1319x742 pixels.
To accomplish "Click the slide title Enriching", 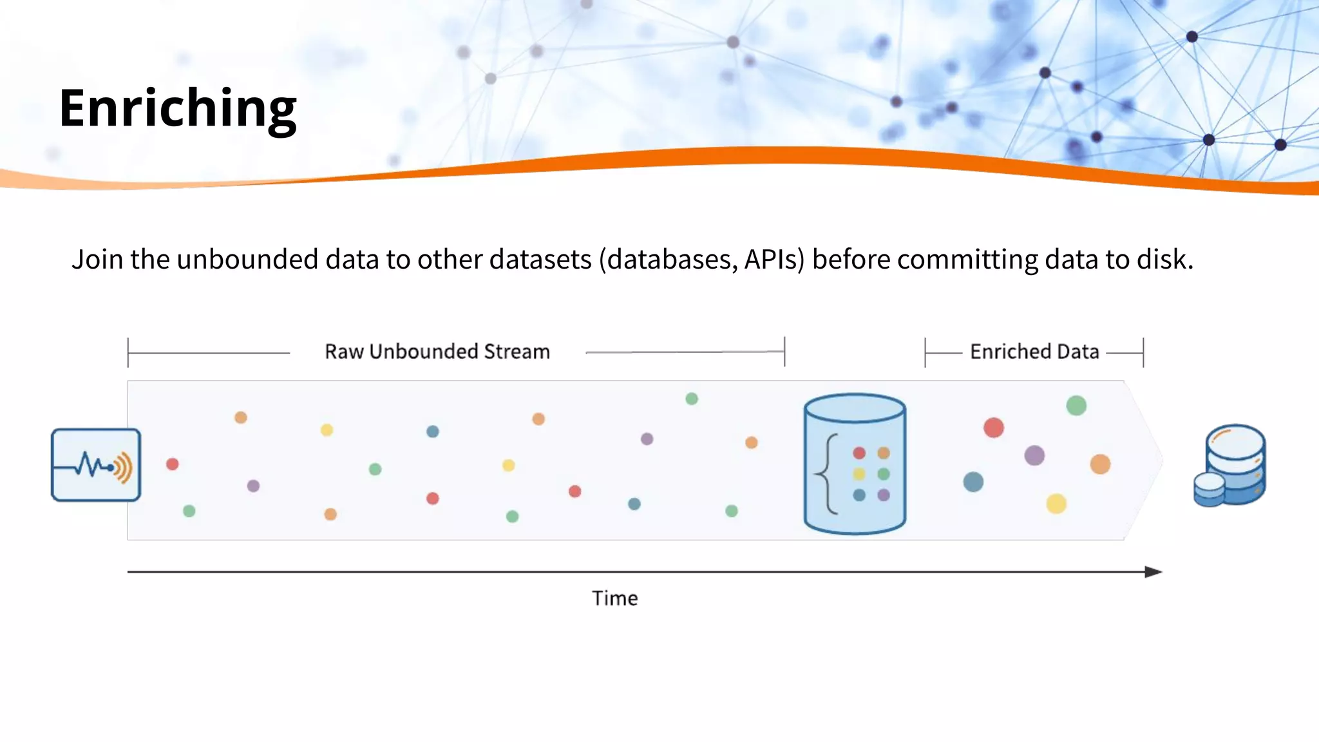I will tap(178, 108).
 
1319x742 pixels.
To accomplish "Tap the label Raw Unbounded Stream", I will tap(437, 352).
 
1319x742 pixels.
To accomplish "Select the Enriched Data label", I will tap(1034, 352).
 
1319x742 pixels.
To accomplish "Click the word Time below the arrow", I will tap(615, 598).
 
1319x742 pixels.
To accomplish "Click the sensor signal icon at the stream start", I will tap(96, 465).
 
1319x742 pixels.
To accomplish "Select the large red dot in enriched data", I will tap(994, 428).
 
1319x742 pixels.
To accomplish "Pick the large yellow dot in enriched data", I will tap(1056, 504).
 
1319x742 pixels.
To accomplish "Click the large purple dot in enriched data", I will tap(1034, 455).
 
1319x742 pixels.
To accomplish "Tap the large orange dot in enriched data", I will tap(1100, 464).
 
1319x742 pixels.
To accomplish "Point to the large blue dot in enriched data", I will tap(973, 482).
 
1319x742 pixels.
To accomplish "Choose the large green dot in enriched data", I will tap(1076, 406).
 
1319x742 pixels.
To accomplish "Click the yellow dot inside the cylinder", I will tap(859, 475).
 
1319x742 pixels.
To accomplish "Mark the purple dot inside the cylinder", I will tap(884, 495).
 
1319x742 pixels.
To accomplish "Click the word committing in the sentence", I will tap(967, 260).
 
